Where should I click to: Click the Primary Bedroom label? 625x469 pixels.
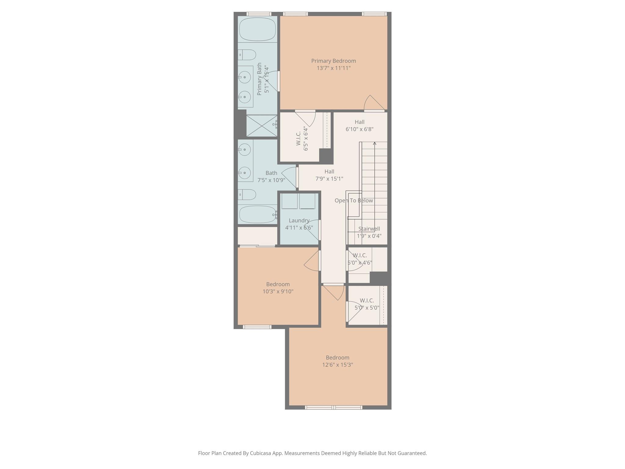(333, 61)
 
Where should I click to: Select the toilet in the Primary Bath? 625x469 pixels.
(247, 55)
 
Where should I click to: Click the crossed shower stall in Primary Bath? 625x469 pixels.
(262, 125)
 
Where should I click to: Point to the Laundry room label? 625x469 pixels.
(299, 220)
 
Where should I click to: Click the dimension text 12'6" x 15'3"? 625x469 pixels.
(338, 365)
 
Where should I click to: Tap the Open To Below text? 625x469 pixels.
(354, 201)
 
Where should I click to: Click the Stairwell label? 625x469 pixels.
(369, 229)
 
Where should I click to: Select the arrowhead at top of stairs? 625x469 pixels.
(374, 143)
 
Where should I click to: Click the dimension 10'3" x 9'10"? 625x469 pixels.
(278, 291)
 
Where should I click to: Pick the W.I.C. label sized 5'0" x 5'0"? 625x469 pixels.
(367, 300)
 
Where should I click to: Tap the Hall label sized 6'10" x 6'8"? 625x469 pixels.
(359, 122)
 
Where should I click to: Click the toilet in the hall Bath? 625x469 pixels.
(247, 195)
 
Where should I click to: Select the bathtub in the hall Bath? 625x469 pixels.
(257, 214)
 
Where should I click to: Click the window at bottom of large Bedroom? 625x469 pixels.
(333, 407)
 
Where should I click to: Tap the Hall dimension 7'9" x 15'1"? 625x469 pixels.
(329, 179)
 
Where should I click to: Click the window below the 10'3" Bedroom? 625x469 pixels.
(257, 327)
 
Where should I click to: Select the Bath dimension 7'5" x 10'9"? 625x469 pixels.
(271, 180)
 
